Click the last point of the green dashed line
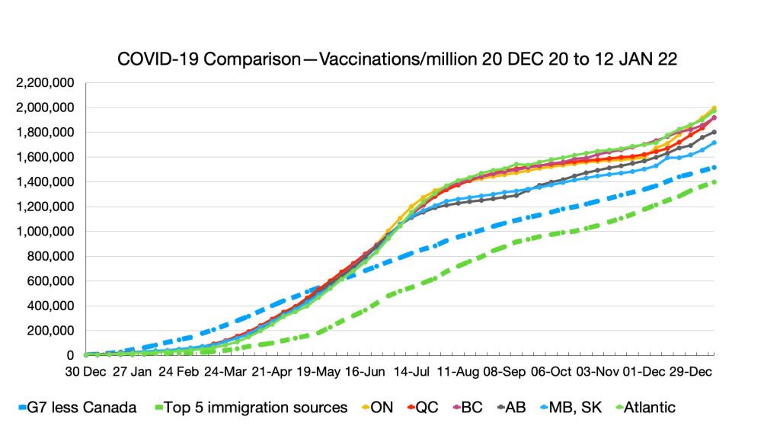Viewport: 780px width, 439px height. click(714, 182)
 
